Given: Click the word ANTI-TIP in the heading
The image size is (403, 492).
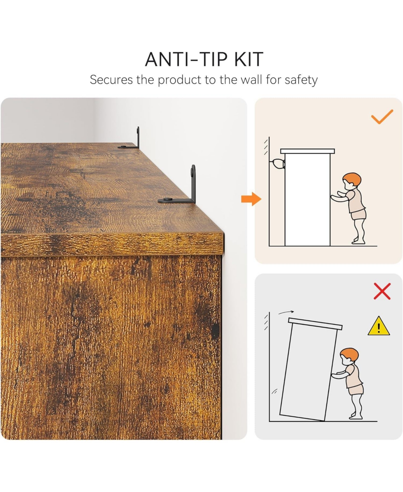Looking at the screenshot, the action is (186, 59).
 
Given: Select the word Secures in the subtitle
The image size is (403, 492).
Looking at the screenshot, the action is (111, 80).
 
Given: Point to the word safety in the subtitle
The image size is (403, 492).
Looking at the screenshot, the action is (301, 80).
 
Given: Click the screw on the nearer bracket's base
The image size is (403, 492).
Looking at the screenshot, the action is (167, 199).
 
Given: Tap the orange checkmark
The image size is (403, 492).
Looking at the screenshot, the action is (382, 116).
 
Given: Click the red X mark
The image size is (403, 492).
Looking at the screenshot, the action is (382, 291).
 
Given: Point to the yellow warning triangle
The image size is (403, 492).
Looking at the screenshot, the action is (379, 326).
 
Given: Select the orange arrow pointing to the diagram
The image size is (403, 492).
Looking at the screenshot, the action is (251, 199).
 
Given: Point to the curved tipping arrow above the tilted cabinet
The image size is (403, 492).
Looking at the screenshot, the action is (286, 312).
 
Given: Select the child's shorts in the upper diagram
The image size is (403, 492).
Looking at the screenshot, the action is (358, 215).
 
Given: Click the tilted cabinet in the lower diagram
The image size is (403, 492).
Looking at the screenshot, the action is (311, 370).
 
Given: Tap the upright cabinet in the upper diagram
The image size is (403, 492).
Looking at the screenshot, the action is (308, 197).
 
